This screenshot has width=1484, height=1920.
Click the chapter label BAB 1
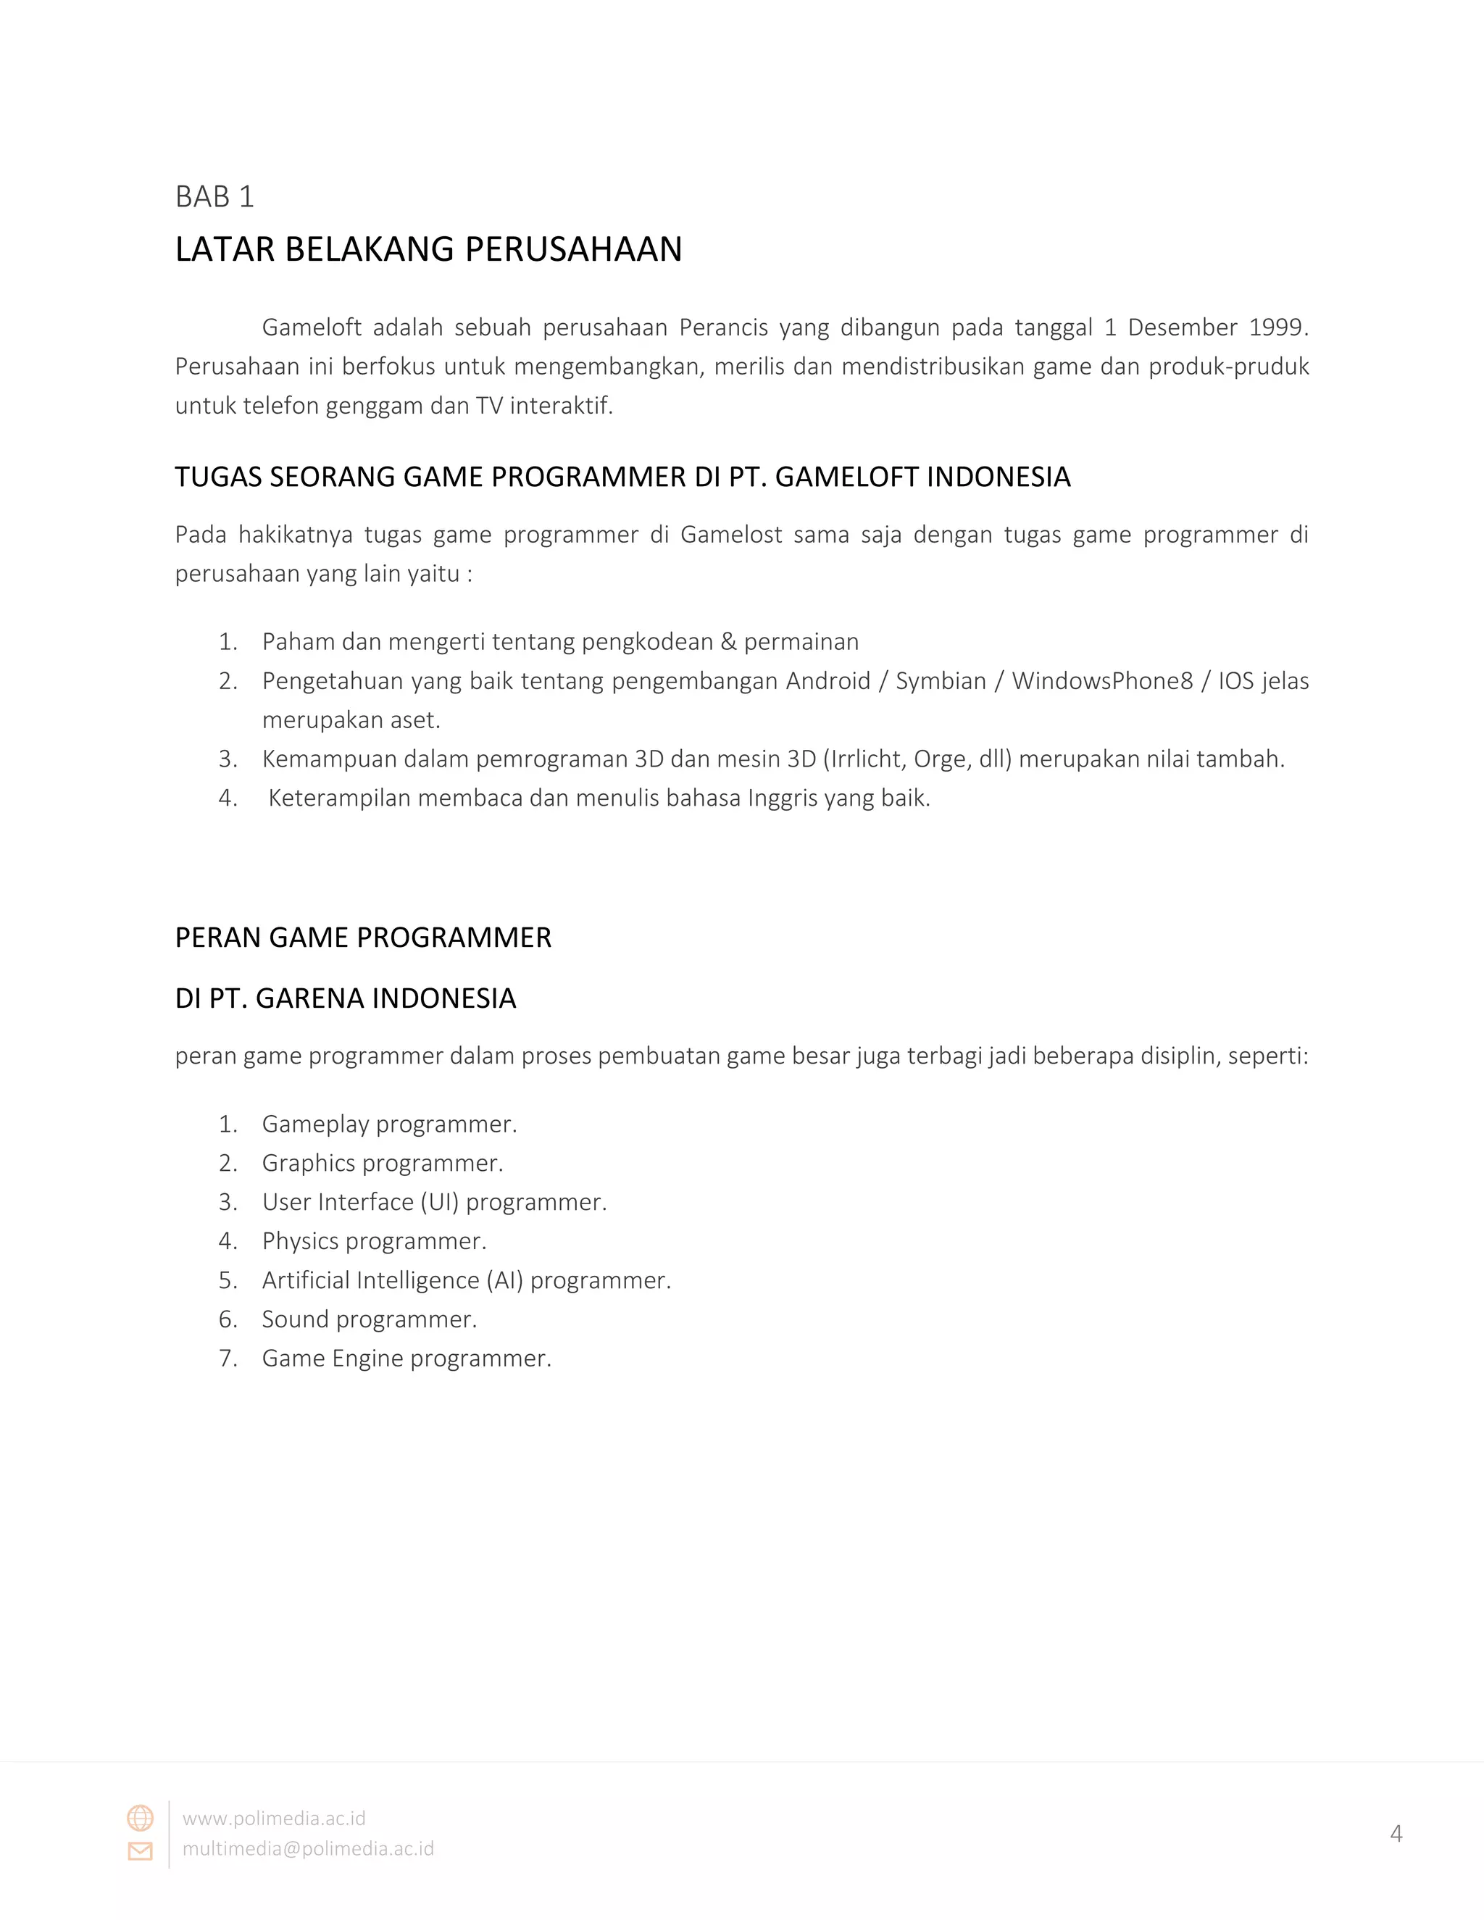214,196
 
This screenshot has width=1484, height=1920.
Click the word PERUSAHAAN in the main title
573,250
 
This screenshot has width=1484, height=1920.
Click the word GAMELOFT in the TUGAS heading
849,477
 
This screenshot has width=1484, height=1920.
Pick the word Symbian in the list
941,681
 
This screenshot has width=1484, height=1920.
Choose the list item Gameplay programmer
389,1124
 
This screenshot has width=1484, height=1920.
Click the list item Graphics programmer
383,1163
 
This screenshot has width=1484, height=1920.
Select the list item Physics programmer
374,1241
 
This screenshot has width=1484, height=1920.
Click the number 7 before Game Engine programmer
227,1358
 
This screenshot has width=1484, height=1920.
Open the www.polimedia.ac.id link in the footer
273,1818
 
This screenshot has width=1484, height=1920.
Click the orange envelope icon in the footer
141,1850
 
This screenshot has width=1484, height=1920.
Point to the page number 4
1396,1834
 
